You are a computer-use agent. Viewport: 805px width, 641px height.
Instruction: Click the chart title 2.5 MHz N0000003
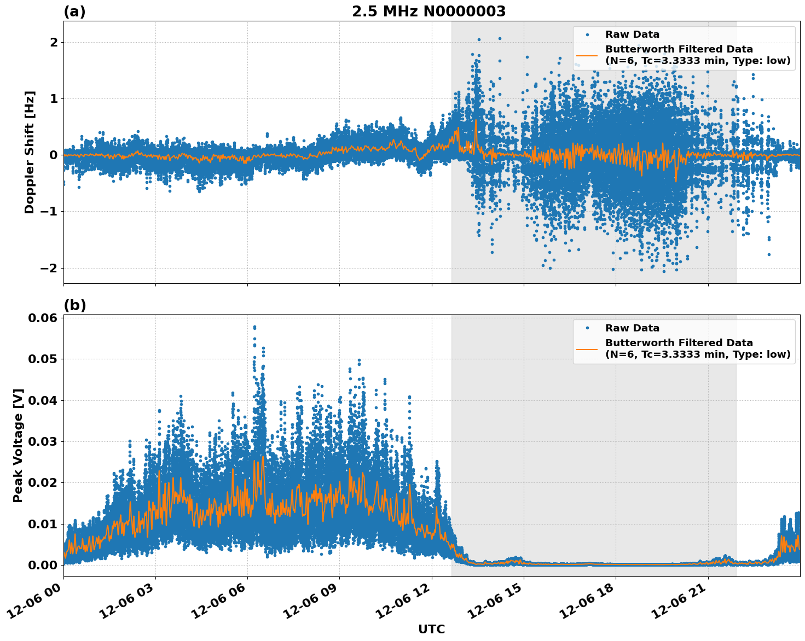pos(428,11)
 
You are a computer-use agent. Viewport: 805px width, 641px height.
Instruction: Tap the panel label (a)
pos(74,11)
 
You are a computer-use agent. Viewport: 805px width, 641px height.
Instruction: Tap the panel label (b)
pos(74,305)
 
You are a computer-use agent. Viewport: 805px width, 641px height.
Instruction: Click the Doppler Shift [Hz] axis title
pos(30,152)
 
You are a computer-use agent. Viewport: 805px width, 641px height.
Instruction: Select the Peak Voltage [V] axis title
pos(18,445)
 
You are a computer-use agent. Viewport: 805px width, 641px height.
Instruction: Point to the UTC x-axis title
pos(431,629)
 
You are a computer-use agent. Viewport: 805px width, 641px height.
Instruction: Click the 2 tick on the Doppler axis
pos(54,43)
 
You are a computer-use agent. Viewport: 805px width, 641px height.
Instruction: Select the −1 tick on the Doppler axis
pos(49,212)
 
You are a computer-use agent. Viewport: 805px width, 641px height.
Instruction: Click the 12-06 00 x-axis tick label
pos(38,602)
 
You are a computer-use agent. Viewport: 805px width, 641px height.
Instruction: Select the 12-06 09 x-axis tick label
pos(314,602)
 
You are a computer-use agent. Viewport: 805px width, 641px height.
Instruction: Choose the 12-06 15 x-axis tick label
pos(499,602)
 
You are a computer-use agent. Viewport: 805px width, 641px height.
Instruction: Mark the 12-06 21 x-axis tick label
pos(683,602)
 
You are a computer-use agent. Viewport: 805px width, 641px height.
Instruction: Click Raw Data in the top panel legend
pos(632,34)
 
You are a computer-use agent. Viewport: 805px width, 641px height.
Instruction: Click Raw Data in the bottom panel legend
pos(632,328)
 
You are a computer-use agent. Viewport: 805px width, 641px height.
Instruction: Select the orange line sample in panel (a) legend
pos(587,55)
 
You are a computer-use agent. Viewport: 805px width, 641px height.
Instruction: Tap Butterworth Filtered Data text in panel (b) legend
pos(679,343)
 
